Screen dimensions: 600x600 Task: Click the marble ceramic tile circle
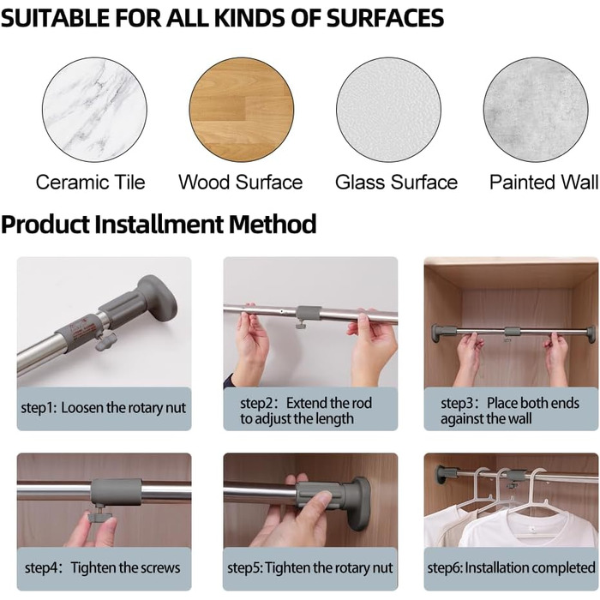pyautogui.click(x=94, y=110)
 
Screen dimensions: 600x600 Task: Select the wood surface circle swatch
pyautogui.click(x=242, y=110)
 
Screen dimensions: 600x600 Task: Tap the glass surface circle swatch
pyautogui.click(x=388, y=110)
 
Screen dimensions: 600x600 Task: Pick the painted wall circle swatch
pyautogui.click(x=536, y=110)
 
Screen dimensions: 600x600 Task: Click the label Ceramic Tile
pyautogui.click(x=91, y=182)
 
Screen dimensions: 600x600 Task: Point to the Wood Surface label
pyautogui.click(x=241, y=182)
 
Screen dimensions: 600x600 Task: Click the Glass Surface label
pyautogui.click(x=396, y=182)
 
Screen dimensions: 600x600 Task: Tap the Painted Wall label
pyautogui.click(x=543, y=182)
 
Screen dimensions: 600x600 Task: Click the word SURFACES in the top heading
pyautogui.click(x=385, y=18)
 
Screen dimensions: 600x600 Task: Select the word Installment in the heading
pyautogui.click(x=159, y=225)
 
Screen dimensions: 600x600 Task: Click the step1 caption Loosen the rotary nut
pyautogui.click(x=104, y=408)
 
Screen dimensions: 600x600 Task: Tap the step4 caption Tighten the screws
pyautogui.click(x=102, y=567)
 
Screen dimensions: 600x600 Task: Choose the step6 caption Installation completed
pyautogui.click(x=511, y=567)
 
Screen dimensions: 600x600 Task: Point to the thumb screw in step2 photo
pyautogui.click(x=301, y=326)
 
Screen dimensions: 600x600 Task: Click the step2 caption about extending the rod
pyautogui.click(x=306, y=411)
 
